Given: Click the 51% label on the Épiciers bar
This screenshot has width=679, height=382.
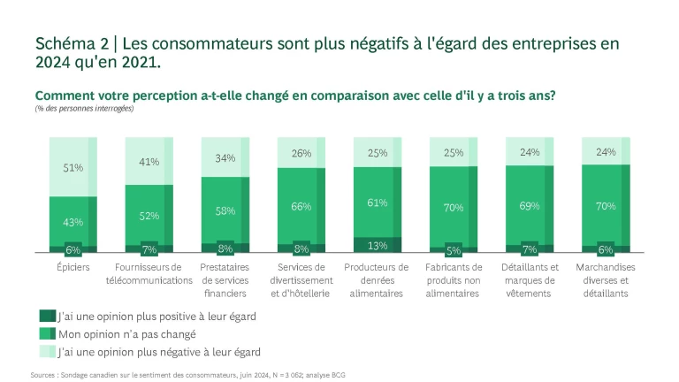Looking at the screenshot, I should [72, 167].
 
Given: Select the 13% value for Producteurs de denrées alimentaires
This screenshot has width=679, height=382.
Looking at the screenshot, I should [377, 246].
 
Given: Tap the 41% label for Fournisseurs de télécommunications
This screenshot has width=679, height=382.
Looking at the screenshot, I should [149, 162].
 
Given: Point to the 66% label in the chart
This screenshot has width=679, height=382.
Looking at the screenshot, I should [301, 206].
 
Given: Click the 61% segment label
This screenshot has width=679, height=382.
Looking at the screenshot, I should [377, 202].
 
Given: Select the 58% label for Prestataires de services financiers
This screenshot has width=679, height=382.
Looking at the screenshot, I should [225, 211].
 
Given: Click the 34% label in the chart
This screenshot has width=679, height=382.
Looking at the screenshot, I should [225, 158].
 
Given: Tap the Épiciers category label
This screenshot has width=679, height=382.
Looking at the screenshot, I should [72, 267].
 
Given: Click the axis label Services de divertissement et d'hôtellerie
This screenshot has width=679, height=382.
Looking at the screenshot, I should [301, 279].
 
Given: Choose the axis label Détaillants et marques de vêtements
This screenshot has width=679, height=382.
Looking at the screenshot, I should [529, 279].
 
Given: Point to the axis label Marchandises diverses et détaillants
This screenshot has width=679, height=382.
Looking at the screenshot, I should [605, 279].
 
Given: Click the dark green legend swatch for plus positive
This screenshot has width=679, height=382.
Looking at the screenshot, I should [47, 315].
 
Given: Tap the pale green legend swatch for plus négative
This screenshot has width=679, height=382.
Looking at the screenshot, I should [47, 352].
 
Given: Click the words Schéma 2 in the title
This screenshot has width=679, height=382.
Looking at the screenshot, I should [70, 43].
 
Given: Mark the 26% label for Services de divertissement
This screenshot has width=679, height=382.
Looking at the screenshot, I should [301, 153].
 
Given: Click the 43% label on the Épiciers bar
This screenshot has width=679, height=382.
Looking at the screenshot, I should [72, 222].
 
